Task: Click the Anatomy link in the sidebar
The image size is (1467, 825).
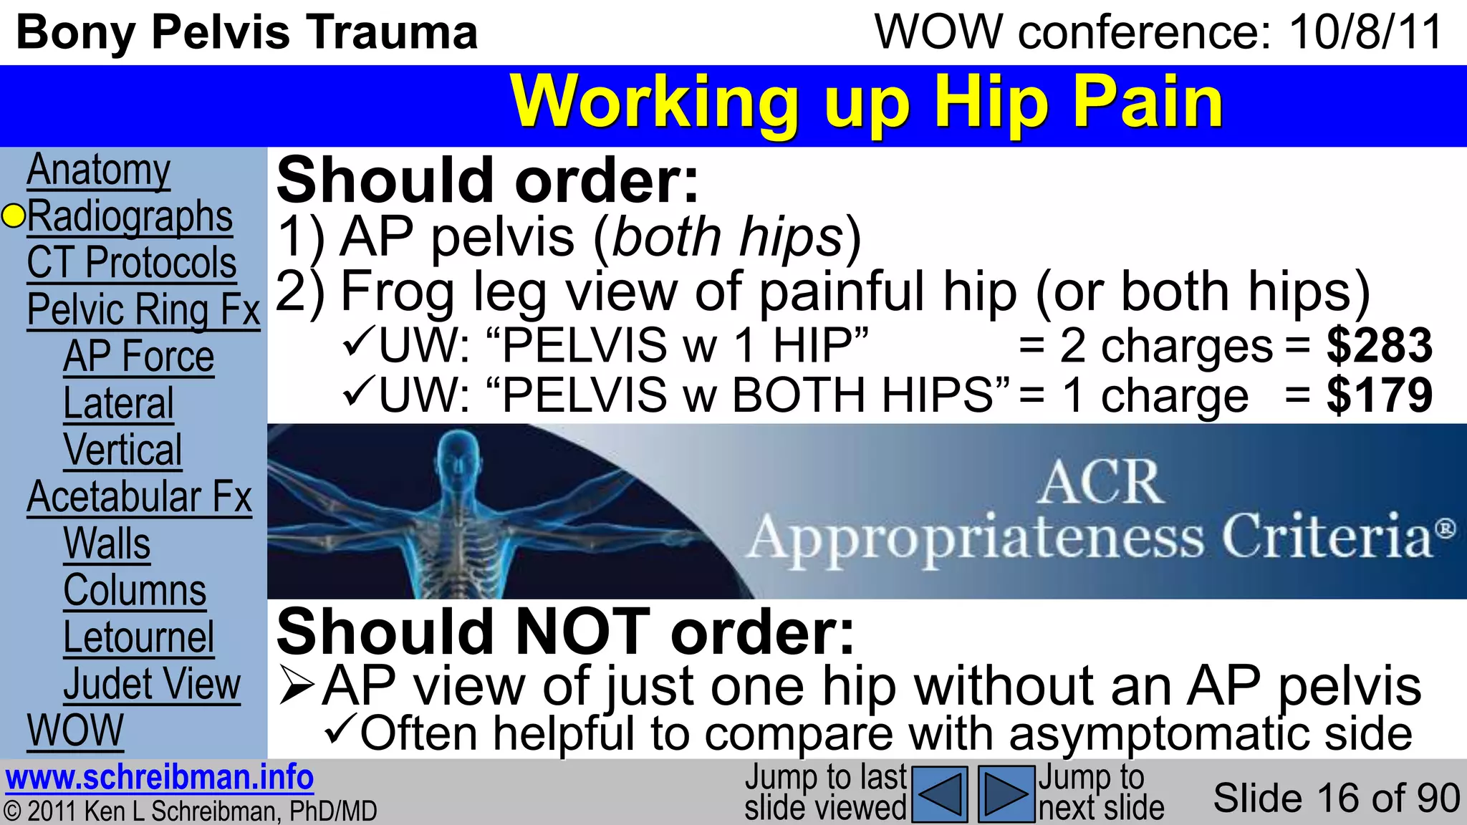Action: [99, 170]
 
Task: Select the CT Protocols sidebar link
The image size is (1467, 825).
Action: [132, 263]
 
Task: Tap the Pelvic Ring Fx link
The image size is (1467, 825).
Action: [143, 309]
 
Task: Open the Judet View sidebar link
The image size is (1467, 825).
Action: [152, 684]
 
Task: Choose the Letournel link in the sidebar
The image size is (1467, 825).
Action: [139, 637]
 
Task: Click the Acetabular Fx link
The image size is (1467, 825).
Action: [140, 497]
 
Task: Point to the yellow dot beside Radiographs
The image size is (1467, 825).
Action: [14, 216]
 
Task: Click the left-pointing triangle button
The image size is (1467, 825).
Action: [941, 793]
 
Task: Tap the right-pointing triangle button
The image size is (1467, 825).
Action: [1006, 793]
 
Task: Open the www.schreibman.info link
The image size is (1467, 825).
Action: [160, 778]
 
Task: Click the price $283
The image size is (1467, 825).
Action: [1379, 345]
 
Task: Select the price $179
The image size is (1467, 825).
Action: [1379, 395]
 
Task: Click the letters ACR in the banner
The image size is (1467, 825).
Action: [1100, 483]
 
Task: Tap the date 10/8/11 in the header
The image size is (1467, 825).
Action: [1365, 32]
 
